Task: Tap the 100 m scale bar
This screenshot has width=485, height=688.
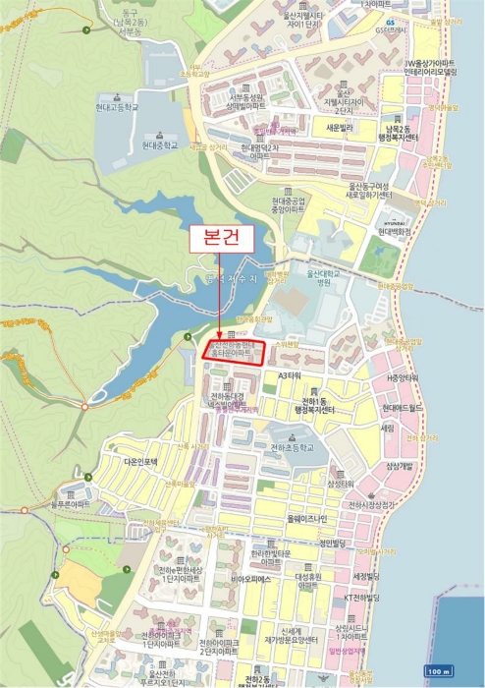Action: point(439,670)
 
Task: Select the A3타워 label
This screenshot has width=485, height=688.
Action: point(294,375)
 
